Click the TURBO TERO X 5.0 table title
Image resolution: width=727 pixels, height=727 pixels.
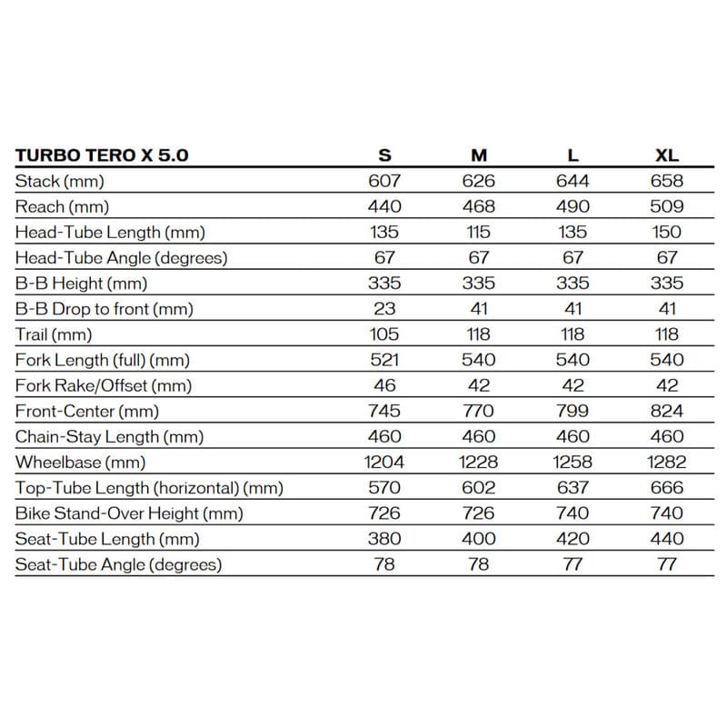[x=102, y=154]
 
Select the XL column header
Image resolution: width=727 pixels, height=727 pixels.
[x=667, y=155]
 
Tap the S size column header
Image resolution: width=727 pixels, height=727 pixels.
[x=384, y=155]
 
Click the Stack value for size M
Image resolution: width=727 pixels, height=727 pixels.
[x=479, y=181]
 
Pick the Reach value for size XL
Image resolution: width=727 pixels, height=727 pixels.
[x=667, y=206]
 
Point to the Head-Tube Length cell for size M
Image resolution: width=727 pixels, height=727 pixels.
[x=479, y=232]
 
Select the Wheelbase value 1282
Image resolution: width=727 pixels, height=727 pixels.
[x=667, y=463]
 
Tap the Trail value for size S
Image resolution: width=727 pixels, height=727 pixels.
[x=384, y=334]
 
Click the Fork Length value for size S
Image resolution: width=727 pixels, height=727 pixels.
[x=384, y=360]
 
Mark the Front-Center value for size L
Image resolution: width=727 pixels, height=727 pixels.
[x=573, y=411]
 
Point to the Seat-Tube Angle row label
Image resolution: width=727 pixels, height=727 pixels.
[x=118, y=564]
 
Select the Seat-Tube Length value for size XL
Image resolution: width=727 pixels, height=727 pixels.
[x=667, y=539]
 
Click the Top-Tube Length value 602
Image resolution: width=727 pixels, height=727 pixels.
[x=479, y=488]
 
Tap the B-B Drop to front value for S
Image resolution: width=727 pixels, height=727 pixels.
[x=384, y=309]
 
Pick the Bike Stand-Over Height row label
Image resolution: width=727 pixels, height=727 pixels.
[x=129, y=513]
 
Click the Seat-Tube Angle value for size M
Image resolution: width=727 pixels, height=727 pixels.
[x=479, y=564]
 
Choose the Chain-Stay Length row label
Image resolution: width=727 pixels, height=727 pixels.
[x=109, y=437]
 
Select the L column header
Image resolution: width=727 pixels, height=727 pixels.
[x=573, y=155]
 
